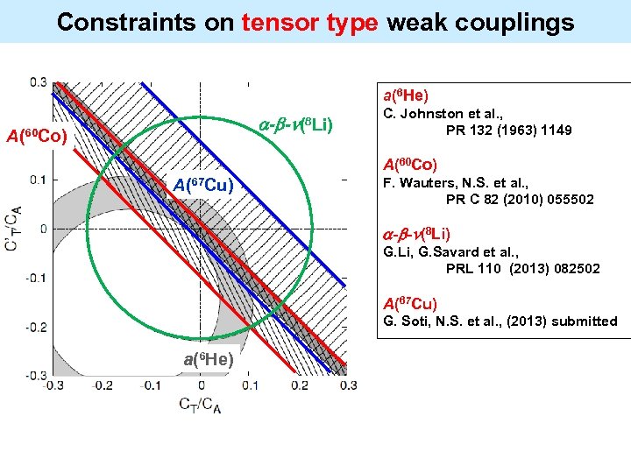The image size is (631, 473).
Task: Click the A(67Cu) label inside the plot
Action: coord(202,185)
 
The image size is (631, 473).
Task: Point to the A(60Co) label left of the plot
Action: coord(37,135)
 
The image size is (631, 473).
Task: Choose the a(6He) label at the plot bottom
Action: coord(208,359)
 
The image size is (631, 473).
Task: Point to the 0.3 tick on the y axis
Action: coord(38,82)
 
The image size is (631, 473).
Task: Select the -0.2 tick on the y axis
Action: coord(35,326)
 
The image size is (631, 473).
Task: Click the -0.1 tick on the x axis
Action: coord(151,385)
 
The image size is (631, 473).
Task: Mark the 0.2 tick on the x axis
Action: coord(299,385)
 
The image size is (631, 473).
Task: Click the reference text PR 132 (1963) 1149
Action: coord(508,130)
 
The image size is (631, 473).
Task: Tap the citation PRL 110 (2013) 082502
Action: coord(522,269)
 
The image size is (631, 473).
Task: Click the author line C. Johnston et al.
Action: coord(439,114)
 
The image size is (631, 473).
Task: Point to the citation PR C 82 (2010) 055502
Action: coord(519,200)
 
